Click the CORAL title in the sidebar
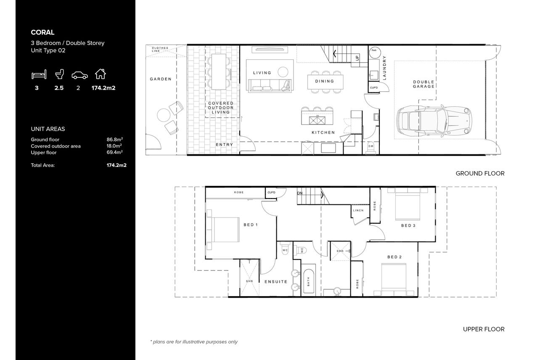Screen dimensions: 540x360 tap(42, 32)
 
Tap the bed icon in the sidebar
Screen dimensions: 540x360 tap(39, 74)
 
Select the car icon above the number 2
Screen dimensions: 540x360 tap(80, 75)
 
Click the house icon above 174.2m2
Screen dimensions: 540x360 tap(100, 74)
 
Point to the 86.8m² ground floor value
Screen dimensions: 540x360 tap(115, 139)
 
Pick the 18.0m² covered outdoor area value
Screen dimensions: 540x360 tap(114, 146)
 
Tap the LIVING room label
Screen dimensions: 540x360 tap(262, 73)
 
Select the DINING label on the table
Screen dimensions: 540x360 tap(325, 81)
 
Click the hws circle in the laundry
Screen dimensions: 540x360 tap(374, 52)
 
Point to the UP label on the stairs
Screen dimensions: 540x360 tap(357, 58)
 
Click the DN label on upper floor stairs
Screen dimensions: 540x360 tap(300, 193)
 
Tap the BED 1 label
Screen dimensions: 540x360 tap(251, 225)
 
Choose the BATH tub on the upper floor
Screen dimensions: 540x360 tap(309, 281)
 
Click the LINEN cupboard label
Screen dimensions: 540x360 tap(358, 211)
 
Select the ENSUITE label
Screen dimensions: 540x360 tap(276, 282)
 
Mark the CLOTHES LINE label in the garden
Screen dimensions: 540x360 tap(160, 50)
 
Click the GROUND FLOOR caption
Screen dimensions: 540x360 tap(480, 173)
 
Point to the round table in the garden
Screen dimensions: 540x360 tap(164, 115)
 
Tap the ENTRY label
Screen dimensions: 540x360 tap(225, 145)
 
